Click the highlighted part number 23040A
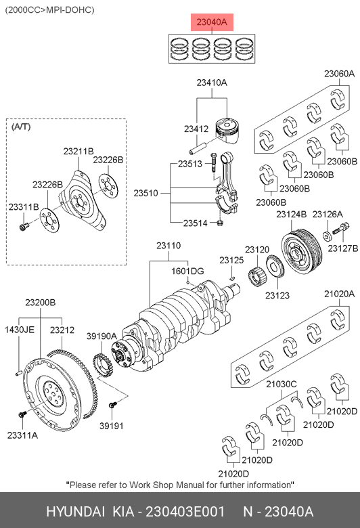[x=212, y=22]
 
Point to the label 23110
[x=168, y=246]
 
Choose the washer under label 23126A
[x=327, y=236]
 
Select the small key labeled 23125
[x=232, y=278]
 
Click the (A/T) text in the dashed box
[x=21, y=127]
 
